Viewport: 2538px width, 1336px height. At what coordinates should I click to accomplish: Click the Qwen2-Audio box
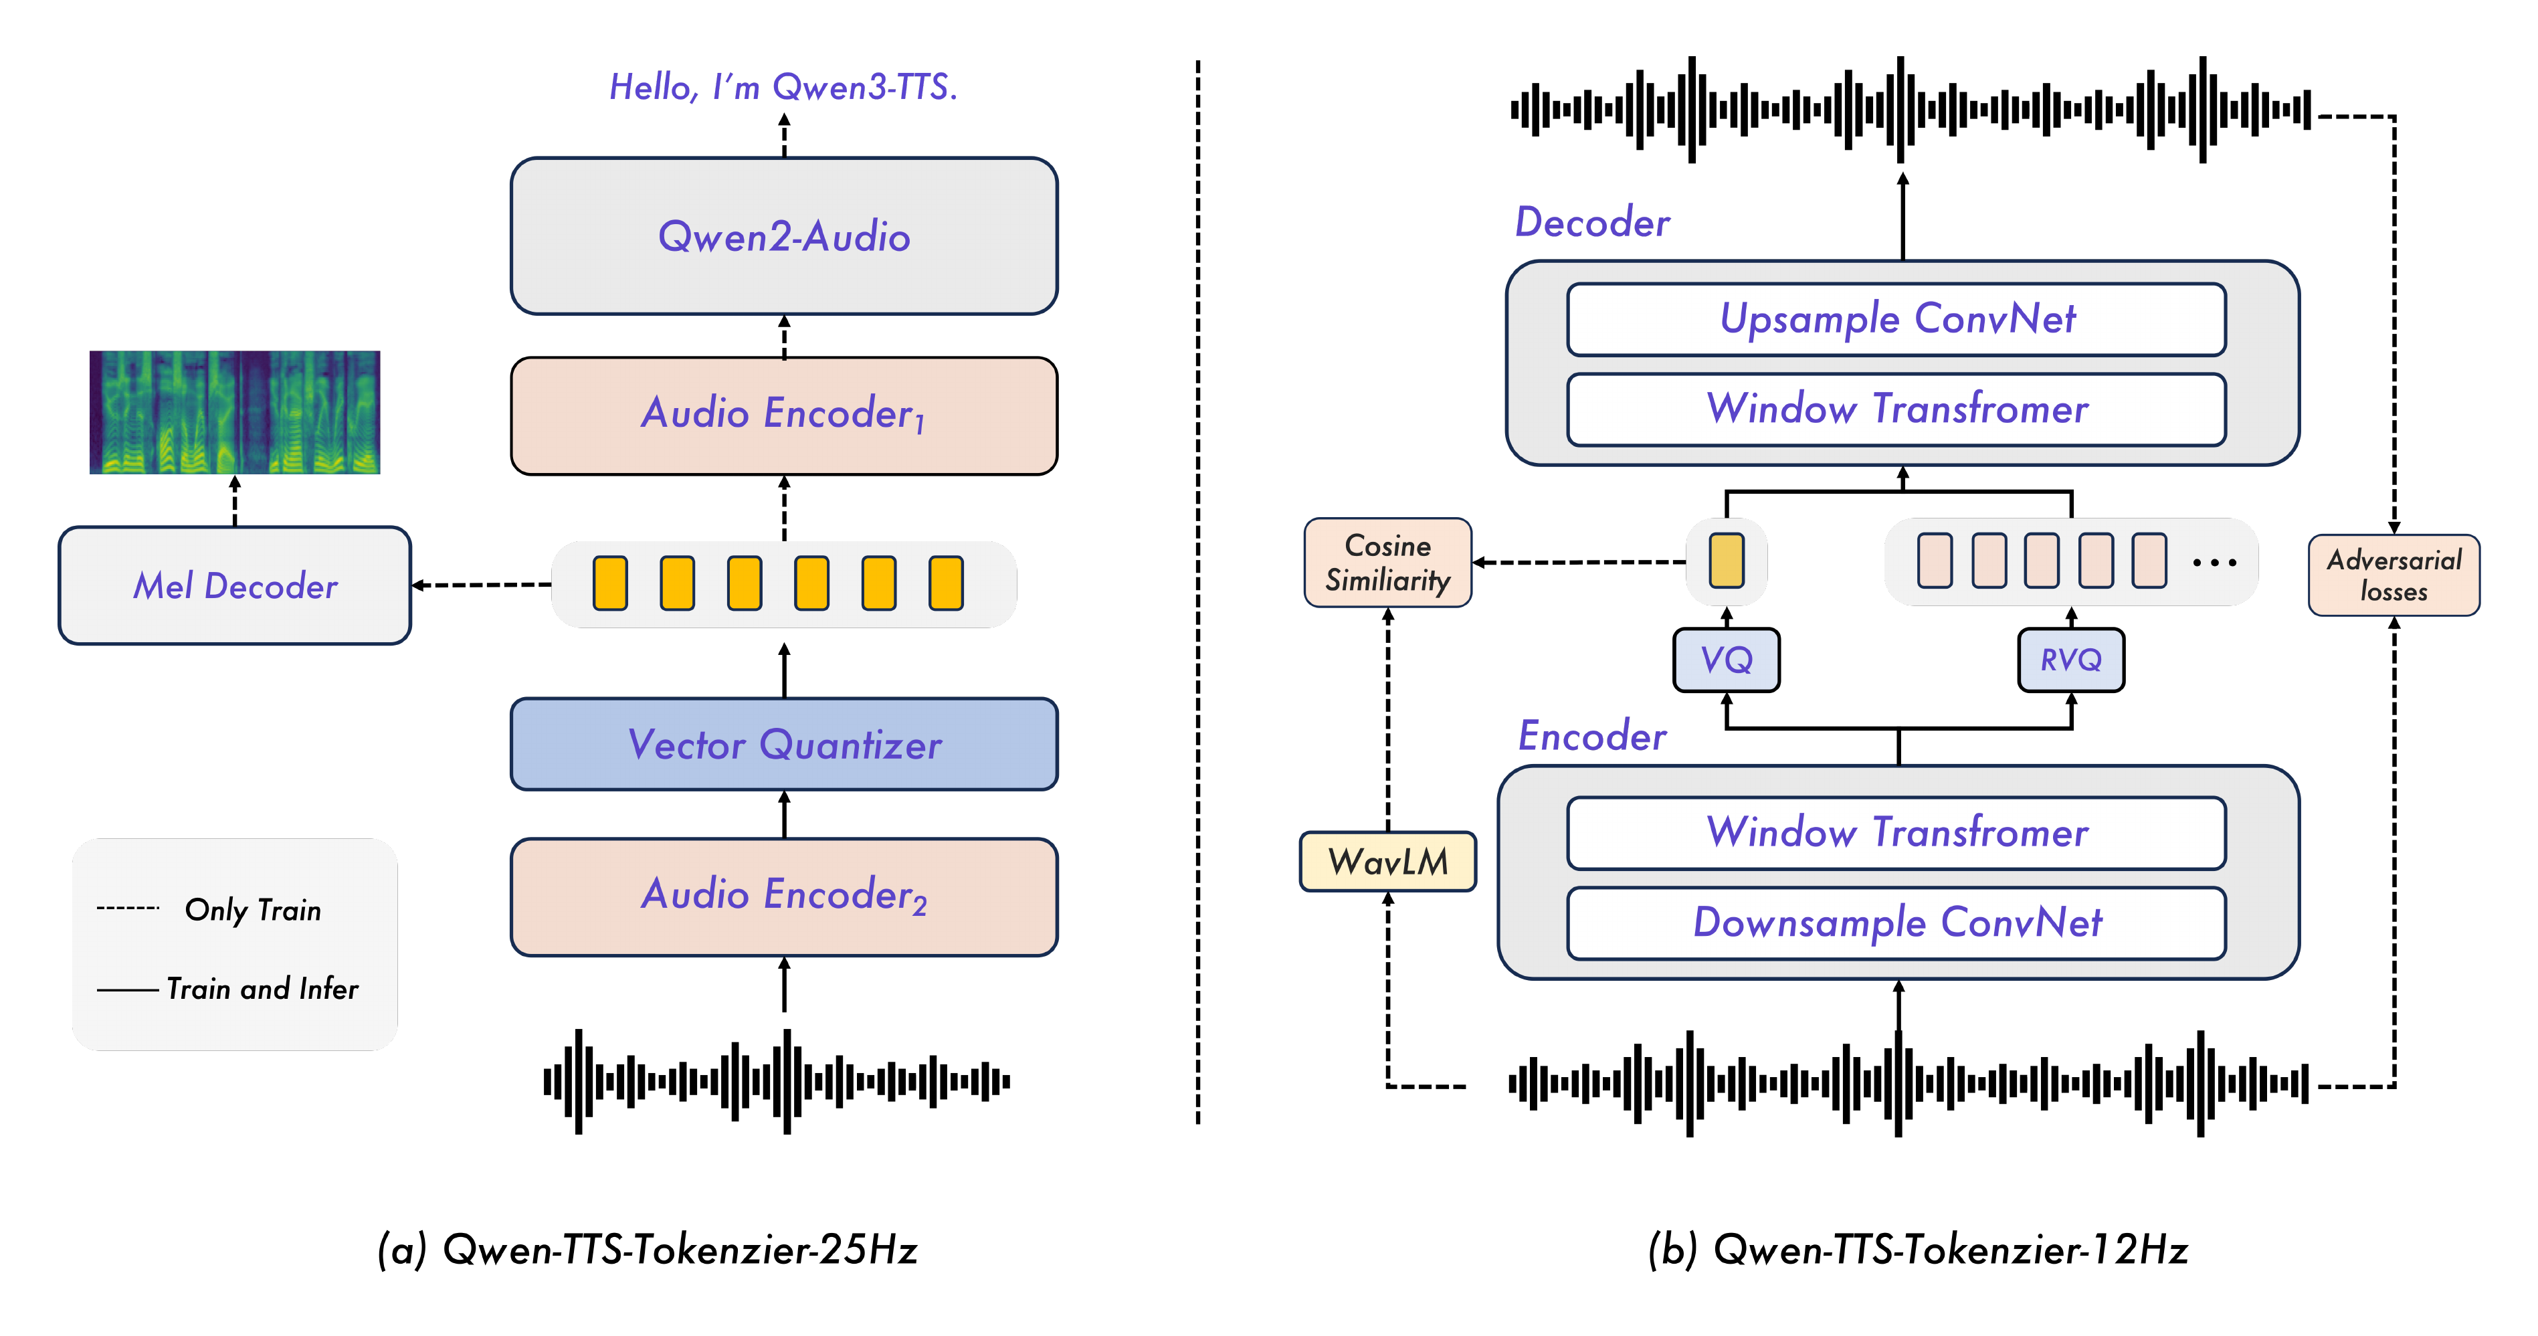783,236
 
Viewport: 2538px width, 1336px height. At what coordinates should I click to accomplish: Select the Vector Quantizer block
783,744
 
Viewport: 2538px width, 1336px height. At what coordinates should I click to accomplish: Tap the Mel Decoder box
235,585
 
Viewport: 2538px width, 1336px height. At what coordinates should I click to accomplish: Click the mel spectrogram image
235,412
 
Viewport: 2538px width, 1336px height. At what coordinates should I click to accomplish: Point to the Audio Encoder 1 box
783,415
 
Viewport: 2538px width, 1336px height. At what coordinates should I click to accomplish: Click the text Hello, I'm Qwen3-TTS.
783,87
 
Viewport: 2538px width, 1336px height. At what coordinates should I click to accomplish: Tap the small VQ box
1726,659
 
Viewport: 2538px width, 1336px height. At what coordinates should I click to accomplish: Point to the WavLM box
1387,861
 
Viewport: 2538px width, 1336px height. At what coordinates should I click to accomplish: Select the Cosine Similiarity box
1387,563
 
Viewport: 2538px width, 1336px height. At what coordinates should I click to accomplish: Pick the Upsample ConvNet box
1896,319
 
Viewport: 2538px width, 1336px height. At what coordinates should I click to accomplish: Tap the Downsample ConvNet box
1896,922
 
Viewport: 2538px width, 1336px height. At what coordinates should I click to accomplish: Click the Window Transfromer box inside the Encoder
1896,832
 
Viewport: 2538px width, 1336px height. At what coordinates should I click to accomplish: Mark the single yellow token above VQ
1726,561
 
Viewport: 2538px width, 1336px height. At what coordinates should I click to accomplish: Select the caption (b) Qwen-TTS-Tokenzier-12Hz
1917,1249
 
